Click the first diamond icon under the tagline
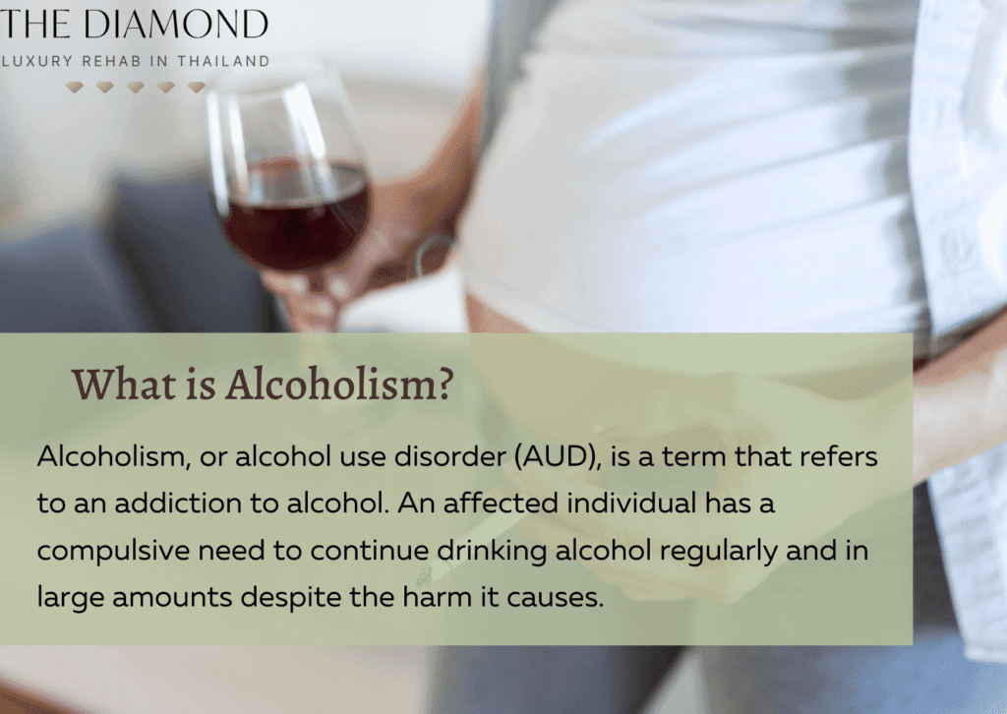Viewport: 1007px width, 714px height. point(75,88)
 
